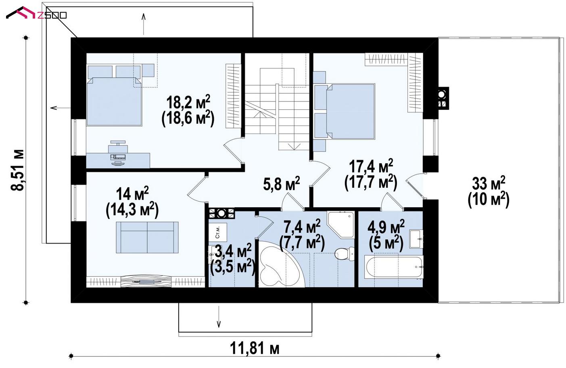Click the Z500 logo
pos(36,13)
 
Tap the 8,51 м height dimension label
pos(18,170)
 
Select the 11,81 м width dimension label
pos(255,348)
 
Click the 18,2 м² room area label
pos(188,102)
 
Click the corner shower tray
pos(340,224)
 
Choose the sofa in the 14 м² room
pos(147,237)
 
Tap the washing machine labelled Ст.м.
pos(217,232)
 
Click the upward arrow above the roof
pos(144,24)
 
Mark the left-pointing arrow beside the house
pos(61,108)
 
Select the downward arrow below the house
pos(219,316)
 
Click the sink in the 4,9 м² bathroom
pos(416,239)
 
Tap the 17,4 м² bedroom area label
pos(371,166)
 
